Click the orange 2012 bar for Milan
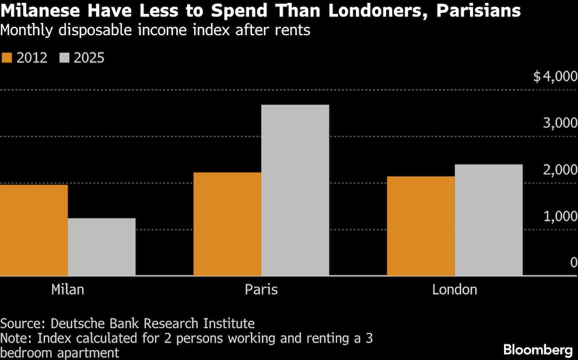click(34, 230)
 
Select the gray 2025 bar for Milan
click(102, 247)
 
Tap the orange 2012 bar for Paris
click(227, 224)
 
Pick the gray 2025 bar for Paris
click(295, 190)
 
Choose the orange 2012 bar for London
click(421, 226)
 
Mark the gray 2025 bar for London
click(488, 220)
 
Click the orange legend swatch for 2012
click(7, 57)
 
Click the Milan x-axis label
click(68, 290)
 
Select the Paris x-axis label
click(261, 290)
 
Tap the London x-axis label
click(455, 290)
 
